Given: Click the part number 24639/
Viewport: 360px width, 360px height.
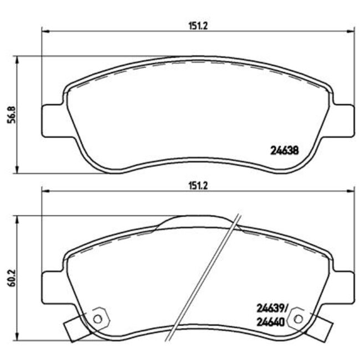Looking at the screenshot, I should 271,308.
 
